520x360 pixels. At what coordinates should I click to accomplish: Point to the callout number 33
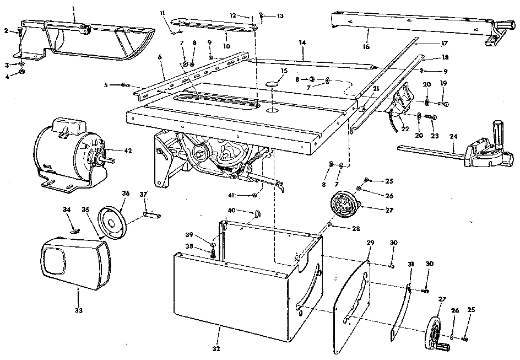coord(78,310)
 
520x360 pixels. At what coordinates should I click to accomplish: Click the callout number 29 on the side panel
coord(370,243)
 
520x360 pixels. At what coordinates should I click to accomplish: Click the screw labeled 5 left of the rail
coord(126,85)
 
